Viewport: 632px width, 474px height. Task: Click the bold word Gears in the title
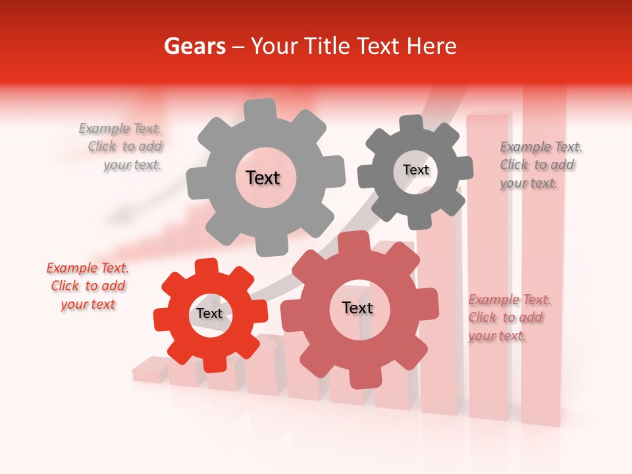(x=194, y=46)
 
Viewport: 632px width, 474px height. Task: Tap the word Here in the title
(x=431, y=46)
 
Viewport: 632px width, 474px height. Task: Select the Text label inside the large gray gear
(x=263, y=178)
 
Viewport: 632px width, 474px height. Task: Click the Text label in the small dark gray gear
(x=415, y=170)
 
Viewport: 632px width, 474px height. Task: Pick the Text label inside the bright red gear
(x=209, y=313)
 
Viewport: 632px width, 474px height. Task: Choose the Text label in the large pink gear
(x=357, y=307)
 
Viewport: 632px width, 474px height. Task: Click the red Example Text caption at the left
(x=88, y=286)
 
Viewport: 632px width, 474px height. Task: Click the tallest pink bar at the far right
(x=544, y=263)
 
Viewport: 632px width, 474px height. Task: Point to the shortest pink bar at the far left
(x=150, y=369)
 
